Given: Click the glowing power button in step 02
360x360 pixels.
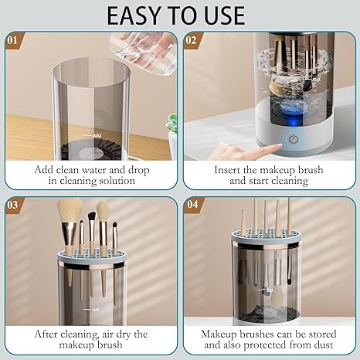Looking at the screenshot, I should (x=294, y=141).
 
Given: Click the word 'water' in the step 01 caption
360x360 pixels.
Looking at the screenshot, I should (x=109, y=168).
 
